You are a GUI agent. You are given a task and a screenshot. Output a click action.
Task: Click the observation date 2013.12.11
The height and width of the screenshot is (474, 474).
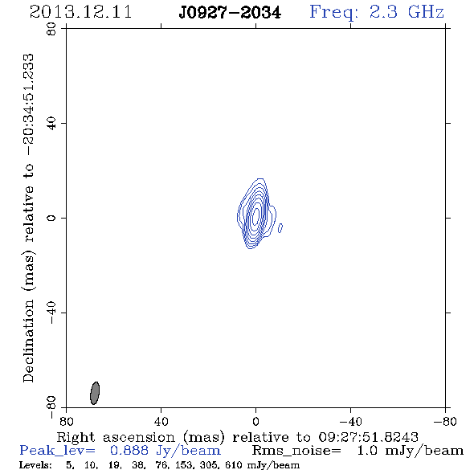(80, 12)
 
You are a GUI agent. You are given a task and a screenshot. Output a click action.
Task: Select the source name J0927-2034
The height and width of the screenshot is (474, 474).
(230, 12)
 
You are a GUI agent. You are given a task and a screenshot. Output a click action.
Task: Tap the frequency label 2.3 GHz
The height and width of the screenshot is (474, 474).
(407, 12)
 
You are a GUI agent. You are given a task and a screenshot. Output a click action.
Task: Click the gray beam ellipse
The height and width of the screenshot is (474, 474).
(95, 393)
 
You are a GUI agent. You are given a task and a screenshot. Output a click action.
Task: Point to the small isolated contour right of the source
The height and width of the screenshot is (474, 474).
(280, 228)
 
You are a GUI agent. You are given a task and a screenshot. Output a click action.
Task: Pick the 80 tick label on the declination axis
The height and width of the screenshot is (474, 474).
(51, 29)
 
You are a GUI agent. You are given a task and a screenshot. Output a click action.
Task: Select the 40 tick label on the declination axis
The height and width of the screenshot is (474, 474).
(51, 124)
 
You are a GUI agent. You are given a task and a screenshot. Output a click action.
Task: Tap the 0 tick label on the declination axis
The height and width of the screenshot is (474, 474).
(51, 218)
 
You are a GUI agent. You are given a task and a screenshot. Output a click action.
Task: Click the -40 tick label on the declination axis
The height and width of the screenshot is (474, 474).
(51, 313)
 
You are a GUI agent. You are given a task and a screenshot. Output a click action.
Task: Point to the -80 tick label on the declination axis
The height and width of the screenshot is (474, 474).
(51, 407)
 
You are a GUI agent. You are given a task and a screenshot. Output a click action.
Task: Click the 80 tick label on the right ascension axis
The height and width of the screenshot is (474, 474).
(66, 422)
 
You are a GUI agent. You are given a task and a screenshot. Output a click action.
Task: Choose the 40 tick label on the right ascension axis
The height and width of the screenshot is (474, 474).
(161, 422)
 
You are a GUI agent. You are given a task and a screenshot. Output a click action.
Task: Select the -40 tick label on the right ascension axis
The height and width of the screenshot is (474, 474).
(350, 422)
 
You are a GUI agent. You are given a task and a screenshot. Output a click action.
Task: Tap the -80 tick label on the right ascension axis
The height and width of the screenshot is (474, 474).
(445, 422)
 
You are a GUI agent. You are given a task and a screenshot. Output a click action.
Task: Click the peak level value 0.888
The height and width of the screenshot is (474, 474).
(129, 451)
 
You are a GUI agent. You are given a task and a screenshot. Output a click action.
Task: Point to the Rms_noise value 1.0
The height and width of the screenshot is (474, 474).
(367, 451)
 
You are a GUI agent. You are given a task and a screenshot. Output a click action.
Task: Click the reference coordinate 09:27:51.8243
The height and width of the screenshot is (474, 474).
(369, 437)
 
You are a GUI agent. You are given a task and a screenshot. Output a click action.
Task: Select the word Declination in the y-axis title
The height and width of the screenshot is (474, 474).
(28, 341)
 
